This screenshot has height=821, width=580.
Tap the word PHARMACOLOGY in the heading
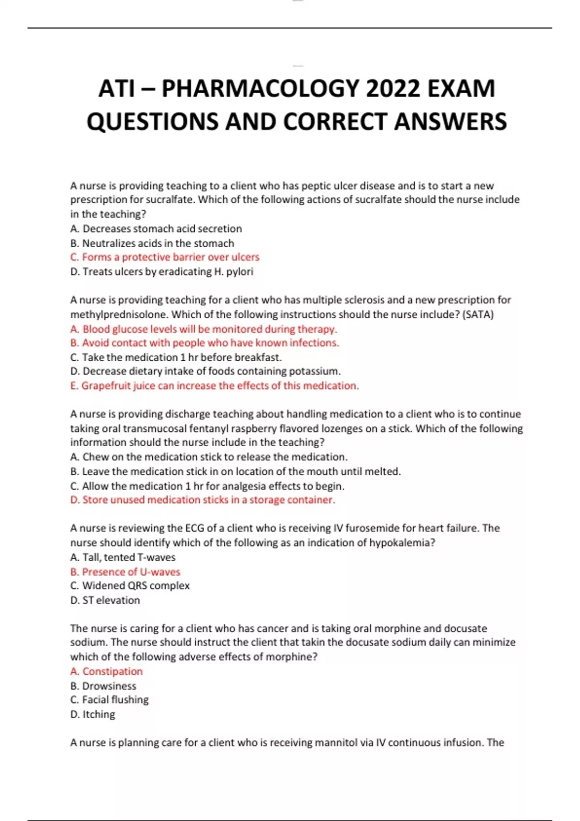pos(260,88)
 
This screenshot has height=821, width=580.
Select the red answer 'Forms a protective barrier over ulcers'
pos(165,257)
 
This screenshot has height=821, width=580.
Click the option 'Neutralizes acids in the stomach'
pos(152,243)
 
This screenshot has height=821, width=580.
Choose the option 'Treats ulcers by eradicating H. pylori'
pos(162,271)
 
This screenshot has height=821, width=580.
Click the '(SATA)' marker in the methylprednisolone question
pos(478,314)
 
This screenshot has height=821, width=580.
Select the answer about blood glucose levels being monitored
pos(203,329)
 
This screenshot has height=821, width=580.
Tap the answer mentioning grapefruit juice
pos(215,385)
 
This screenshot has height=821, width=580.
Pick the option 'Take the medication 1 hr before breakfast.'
pos(176,357)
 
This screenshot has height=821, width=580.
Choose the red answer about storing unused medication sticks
pos(203,500)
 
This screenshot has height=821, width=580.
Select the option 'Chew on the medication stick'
pos(209,457)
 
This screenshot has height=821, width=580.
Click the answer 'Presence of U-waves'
pos(125,572)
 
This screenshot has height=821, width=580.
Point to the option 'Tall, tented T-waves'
pos(123,557)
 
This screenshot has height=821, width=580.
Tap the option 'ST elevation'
pos(105,600)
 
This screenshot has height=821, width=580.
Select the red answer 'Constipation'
pos(106,671)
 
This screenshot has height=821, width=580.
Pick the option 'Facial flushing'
pos(110,700)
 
